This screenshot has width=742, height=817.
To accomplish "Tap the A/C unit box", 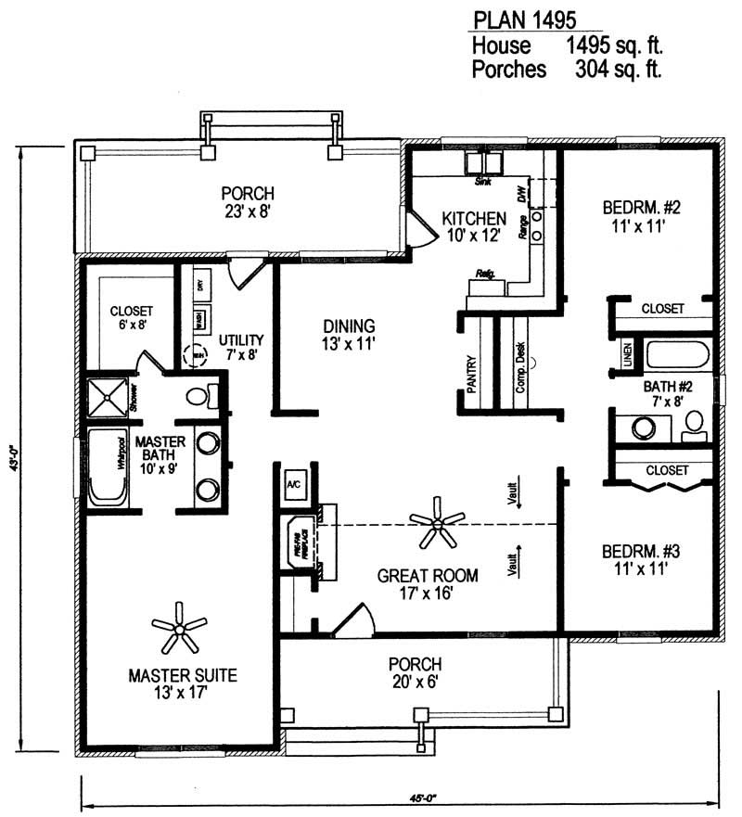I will [294, 484].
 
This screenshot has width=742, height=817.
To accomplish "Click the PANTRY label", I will [471, 376].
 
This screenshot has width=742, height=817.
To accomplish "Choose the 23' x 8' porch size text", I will [247, 211].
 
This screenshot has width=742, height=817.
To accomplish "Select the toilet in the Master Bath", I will [198, 396].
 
